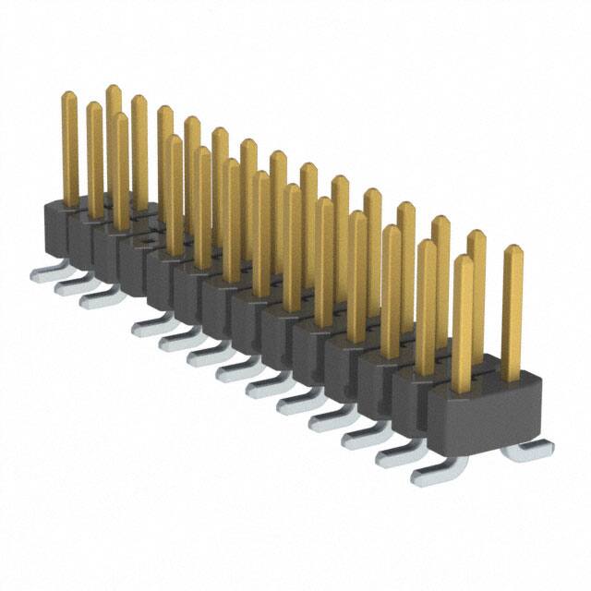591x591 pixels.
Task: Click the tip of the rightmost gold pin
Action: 513,250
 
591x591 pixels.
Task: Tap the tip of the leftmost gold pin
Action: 68,96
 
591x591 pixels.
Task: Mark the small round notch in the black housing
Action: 144,242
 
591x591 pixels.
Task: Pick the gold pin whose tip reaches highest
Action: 113,90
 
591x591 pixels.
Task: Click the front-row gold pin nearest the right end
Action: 462,314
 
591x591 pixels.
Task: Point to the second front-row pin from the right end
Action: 426,305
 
